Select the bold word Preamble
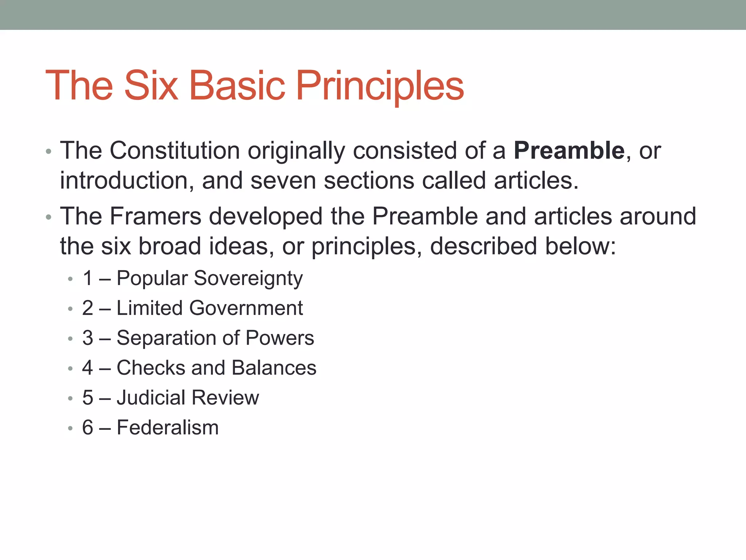pos(569,151)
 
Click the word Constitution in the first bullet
pos(174,151)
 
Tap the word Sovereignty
pos(248,279)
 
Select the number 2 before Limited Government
pos(88,308)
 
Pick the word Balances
pos(274,368)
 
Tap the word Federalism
pos(168,428)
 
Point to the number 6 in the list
pos(88,428)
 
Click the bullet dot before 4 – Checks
pos(70,369)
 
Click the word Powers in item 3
pos(279,338)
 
